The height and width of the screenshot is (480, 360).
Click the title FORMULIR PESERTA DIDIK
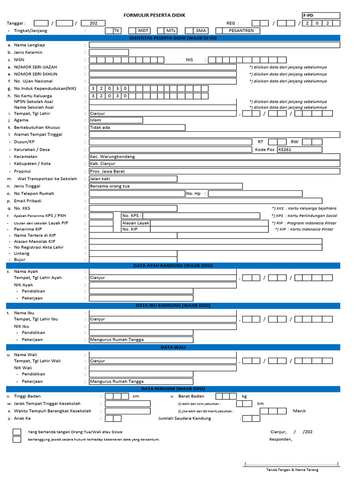pyautogui.click(x=154, y=15)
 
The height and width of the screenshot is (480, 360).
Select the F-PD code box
pyautogui.click(x=321, y=15)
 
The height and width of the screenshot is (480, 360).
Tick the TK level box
pyautogui.click(x=117, y=30)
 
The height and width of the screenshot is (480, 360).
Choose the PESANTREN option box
pyautogui.click(x=241, y=30)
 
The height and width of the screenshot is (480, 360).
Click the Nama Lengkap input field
pyautogui.click(x=214, y=45)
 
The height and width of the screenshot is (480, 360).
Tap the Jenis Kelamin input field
pyautogui.click(x=109, y=52)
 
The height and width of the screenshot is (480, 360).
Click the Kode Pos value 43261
pyautogui.click(x=300, y=150)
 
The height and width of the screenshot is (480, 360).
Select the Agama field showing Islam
pyautogui.click(x=116, y=120)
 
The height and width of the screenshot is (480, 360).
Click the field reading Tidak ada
pyautogui.click(x=137, y=127)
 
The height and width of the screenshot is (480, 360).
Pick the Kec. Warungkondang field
pyautogui.click(x=214, y=157)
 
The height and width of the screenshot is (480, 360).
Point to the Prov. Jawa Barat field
pyautogui.click(x=214, y=172)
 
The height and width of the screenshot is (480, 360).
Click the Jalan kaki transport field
pyautogui.click(x=133, y=179)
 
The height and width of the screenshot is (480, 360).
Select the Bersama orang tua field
pyautogui.click(x=165, y=186)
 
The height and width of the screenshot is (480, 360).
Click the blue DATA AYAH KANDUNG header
pyautogui.click(x=173, y=266)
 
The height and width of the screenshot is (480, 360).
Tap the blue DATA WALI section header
pyautogui.click(x=173, y=347)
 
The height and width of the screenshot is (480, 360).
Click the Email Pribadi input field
pyautogui.click(x=214, y=201)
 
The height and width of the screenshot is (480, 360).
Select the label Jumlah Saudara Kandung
pyautogui.click(x=185, y=418)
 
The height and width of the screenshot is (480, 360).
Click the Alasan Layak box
pyautogui.click(x=135, y=223)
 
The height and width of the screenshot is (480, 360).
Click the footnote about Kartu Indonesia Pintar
pyautogui.click(x=304, y=229)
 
